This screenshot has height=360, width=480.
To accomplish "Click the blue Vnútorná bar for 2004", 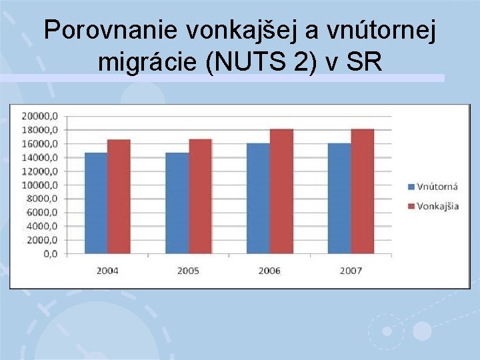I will point(96,203).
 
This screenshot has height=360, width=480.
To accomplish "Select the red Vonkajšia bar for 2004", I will point(119,197).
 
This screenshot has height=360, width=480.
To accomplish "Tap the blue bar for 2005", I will point(177,203).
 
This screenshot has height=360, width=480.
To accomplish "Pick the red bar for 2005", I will point(200,197).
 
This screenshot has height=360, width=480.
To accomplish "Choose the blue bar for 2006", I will point(258,198).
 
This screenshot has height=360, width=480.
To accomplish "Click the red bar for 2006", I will point(281,191).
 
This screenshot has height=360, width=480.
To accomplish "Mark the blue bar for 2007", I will point(339,198).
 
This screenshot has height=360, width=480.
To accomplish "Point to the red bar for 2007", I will point(362,191).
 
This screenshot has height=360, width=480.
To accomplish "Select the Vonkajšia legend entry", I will point(433,205).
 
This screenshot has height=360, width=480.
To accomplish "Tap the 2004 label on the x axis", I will point(107,271).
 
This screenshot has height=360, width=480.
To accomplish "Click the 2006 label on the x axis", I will point(269,271).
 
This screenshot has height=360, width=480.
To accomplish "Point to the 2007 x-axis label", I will point(351,271).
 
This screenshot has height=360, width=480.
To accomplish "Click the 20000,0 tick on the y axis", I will point(40,116).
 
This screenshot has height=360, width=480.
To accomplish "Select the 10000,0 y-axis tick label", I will point(40,185).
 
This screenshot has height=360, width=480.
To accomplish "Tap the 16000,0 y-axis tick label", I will point(40,143).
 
